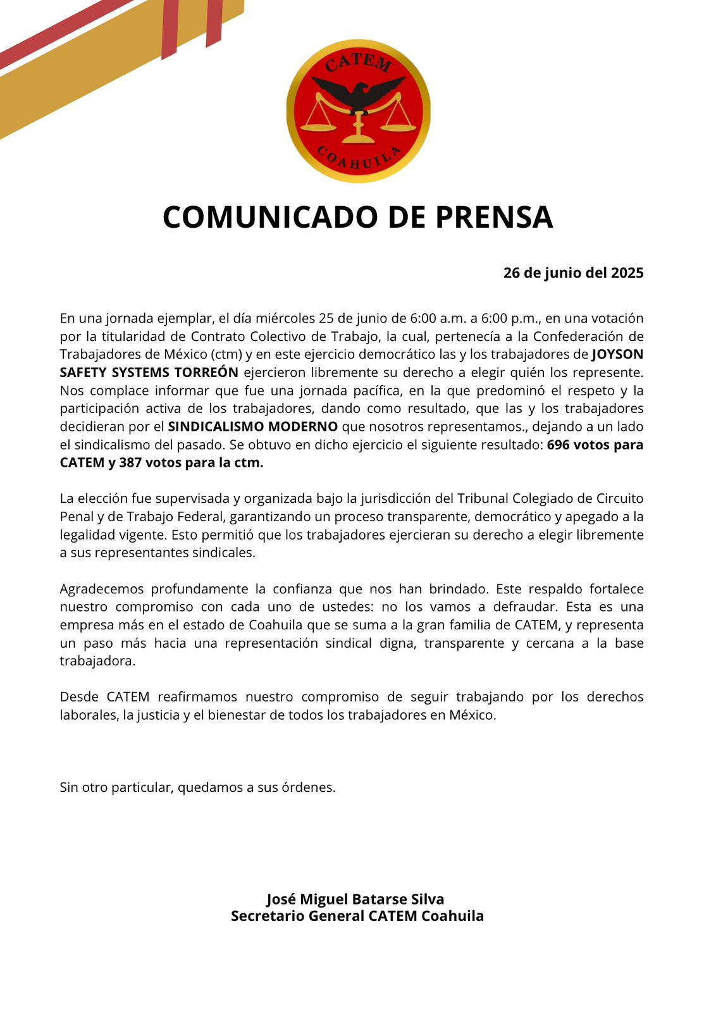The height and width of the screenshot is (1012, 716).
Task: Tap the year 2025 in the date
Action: (x=627, y=273)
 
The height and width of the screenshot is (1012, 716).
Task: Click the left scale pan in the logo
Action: (x=319, y=125)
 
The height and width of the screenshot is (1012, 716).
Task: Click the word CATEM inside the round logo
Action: (x=358, y=63)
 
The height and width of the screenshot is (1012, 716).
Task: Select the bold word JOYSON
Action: (x=617, y=354)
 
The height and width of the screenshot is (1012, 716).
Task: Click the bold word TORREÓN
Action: (x=207, y=373)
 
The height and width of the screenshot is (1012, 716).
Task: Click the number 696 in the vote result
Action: (x=559, y=445)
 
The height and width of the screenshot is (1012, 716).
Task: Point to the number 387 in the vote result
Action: (x=130, y=462)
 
